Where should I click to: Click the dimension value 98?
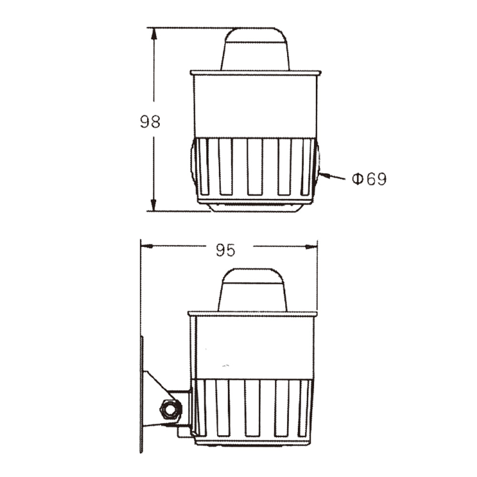pos(150,122)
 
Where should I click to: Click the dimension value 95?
pos(226,250)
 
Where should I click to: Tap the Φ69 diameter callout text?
pos(369,179)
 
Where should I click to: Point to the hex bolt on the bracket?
pos(171,409)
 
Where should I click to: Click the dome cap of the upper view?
pos(255,49)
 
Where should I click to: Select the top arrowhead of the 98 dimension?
pos(154,33)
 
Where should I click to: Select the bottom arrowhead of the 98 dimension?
pos(154,205)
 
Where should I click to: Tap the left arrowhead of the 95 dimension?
pos(146,246)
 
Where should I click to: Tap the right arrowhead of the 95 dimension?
pos(311,247)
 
